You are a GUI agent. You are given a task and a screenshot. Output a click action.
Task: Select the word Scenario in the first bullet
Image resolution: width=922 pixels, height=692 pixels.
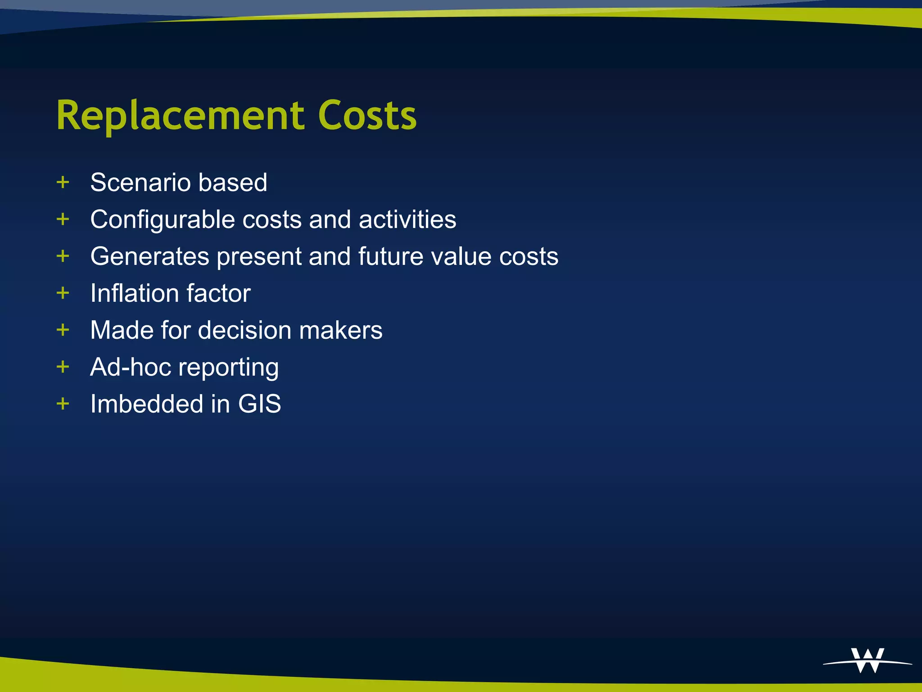[140, 182]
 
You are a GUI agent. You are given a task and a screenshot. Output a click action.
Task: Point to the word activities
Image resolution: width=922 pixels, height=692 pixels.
[407, 219]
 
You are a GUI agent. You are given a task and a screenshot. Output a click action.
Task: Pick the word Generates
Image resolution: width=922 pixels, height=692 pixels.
[150, 256]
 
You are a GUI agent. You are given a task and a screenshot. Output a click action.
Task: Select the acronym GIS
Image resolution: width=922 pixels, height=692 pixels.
[260, 404]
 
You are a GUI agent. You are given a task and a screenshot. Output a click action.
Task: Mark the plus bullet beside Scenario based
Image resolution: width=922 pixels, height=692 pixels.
[63, 182]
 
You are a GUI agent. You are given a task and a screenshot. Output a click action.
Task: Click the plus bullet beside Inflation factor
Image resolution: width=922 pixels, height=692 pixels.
[63, 293]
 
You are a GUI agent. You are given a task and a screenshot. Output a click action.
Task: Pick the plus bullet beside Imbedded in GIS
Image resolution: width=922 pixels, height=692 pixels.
[63, 404]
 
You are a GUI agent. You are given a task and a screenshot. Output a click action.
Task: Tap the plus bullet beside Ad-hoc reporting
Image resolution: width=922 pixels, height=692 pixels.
[63, 367]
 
